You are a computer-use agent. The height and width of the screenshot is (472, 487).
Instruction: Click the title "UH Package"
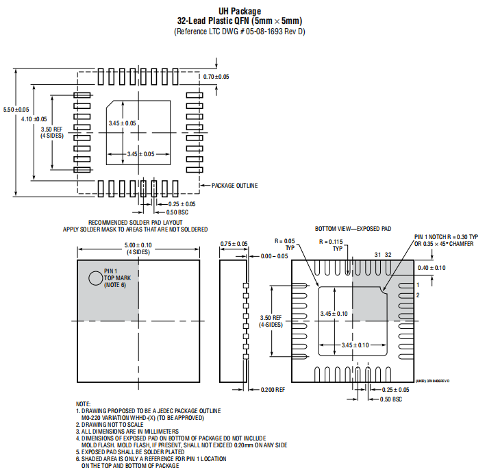pyautogui.click(x=239, y=11)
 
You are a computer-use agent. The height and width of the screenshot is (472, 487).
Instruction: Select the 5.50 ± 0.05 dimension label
pyautogui.click(x=16, y=110)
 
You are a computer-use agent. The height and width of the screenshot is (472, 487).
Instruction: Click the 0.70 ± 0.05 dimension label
pyautogui.click(x=216, y=77)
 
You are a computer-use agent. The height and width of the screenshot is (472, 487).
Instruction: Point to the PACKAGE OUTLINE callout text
pyautogui.click(x=234, y=185)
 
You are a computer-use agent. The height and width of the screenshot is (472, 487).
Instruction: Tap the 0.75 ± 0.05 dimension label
pyautogui.click(x=234, y=243)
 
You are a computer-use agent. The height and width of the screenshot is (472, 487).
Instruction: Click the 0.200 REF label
pyautogui.click(x=273, y=390)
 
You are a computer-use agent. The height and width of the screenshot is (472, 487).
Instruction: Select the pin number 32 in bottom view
pyautogui.click(x=388, y=254)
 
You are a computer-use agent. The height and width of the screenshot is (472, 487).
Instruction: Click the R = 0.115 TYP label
pyautogui.click(x=334, y=245)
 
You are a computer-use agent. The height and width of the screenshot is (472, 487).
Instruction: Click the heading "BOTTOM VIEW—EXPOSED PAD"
pyautogui.click(x=353, y=228)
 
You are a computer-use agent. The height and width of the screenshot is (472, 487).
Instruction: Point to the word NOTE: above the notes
pyautogui.click(x=83, y=404)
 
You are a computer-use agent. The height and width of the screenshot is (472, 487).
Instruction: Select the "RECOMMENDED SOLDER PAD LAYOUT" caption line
pyautogui.click(x=135, y=223)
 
